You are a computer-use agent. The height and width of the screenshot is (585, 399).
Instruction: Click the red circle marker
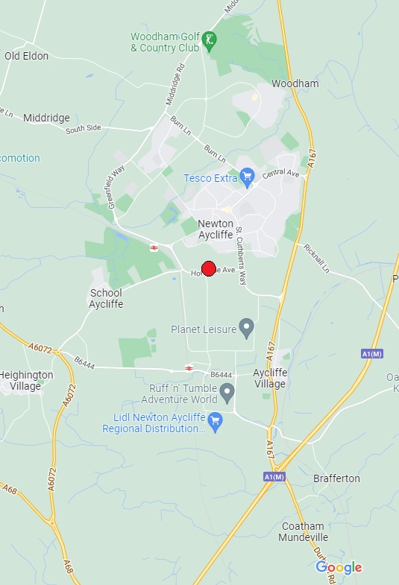pos(209,268)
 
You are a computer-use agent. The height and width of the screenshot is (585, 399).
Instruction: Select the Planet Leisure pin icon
pos(246,327)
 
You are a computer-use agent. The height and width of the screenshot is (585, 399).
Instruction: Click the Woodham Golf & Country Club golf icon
pos(211,40)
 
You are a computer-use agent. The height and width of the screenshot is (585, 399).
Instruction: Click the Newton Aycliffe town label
pos(216,230)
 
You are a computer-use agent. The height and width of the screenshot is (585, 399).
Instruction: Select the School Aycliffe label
pos(105,298)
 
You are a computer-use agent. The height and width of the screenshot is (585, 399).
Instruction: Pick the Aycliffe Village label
pos(269,378)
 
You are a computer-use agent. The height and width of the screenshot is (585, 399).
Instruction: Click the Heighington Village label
pos(27,380)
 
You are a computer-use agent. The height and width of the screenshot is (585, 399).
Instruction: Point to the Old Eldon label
pos(26,56)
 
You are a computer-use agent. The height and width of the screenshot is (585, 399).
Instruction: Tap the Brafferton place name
pos(336,478)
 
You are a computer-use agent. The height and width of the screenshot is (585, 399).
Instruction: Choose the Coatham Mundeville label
pos(304,531)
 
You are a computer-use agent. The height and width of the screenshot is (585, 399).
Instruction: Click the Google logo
pos(339,568)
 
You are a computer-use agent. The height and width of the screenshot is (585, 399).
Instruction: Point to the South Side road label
pos(83,129)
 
